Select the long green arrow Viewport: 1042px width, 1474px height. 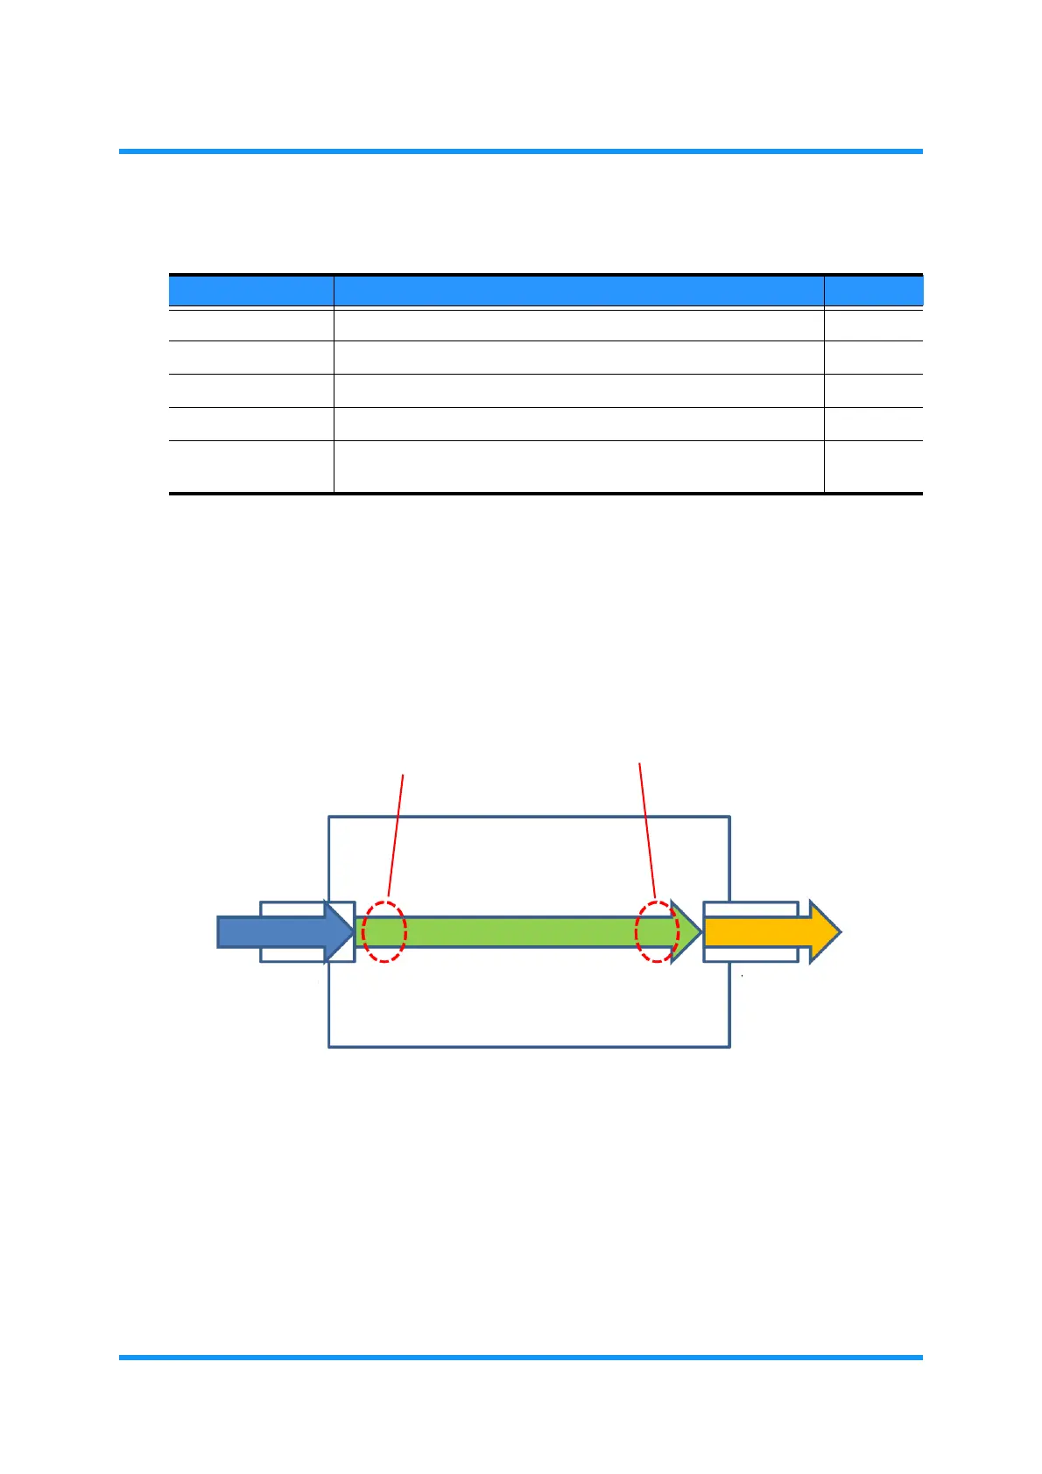[525, 932]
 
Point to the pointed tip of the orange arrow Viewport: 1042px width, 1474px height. [839, 932]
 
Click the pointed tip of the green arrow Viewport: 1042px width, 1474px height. [699, 932]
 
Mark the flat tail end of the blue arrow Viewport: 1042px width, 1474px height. [220, 932]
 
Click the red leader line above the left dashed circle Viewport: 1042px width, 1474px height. [396, 832]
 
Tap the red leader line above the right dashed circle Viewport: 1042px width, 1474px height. [647, 832]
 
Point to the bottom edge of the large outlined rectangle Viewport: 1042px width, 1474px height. [529, 1046]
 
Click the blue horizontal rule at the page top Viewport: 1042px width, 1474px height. [520, 151]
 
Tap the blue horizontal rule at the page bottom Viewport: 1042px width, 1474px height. [520, 1358]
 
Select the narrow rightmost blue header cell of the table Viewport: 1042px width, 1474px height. [873, 291]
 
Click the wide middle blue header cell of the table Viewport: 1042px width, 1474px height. [578, 291]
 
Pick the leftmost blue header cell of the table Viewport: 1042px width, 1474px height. [250, 291]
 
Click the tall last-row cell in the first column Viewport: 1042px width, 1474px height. [250, 467]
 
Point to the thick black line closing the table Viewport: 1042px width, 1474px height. [545, 494]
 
